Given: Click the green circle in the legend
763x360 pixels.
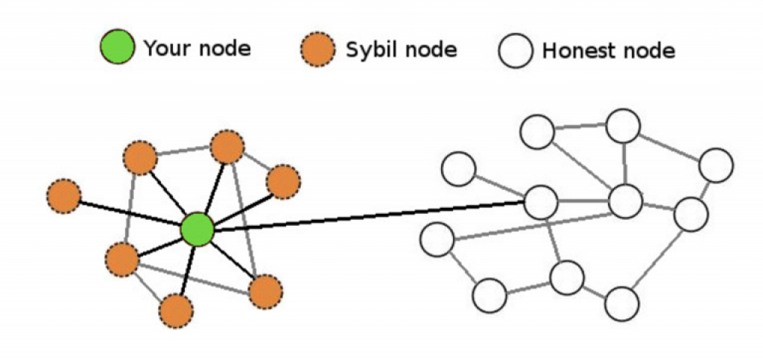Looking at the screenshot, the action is [x=117, y=47].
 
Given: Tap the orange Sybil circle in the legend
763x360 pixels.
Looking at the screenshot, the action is [x=317, y=49].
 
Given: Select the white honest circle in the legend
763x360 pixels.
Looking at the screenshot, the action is [x=516, y=50].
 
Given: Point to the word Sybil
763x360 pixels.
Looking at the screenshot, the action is [x=365, y=50].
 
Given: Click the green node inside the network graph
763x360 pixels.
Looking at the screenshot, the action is [x=197, y=229].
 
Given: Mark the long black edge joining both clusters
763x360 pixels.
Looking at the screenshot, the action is [x=370, y=215].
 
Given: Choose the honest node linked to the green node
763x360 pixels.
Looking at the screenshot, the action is [x=541, y=203].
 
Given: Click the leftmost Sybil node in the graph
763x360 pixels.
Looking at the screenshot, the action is [x=64, y=196].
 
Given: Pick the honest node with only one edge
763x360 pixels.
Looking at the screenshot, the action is [x=458, y=168].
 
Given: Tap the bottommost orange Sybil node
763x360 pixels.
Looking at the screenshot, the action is [x=176, y=310].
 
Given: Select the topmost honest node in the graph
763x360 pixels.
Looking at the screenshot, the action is [x=624, y=126].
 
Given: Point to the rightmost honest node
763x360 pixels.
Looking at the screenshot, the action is [x=716, y=165].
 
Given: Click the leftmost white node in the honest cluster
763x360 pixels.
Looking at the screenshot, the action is [x=437, y=239].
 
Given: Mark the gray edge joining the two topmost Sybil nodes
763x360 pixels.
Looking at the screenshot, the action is [x=183, y=152].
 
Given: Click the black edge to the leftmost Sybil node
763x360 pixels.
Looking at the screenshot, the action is [x=130, y=213].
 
